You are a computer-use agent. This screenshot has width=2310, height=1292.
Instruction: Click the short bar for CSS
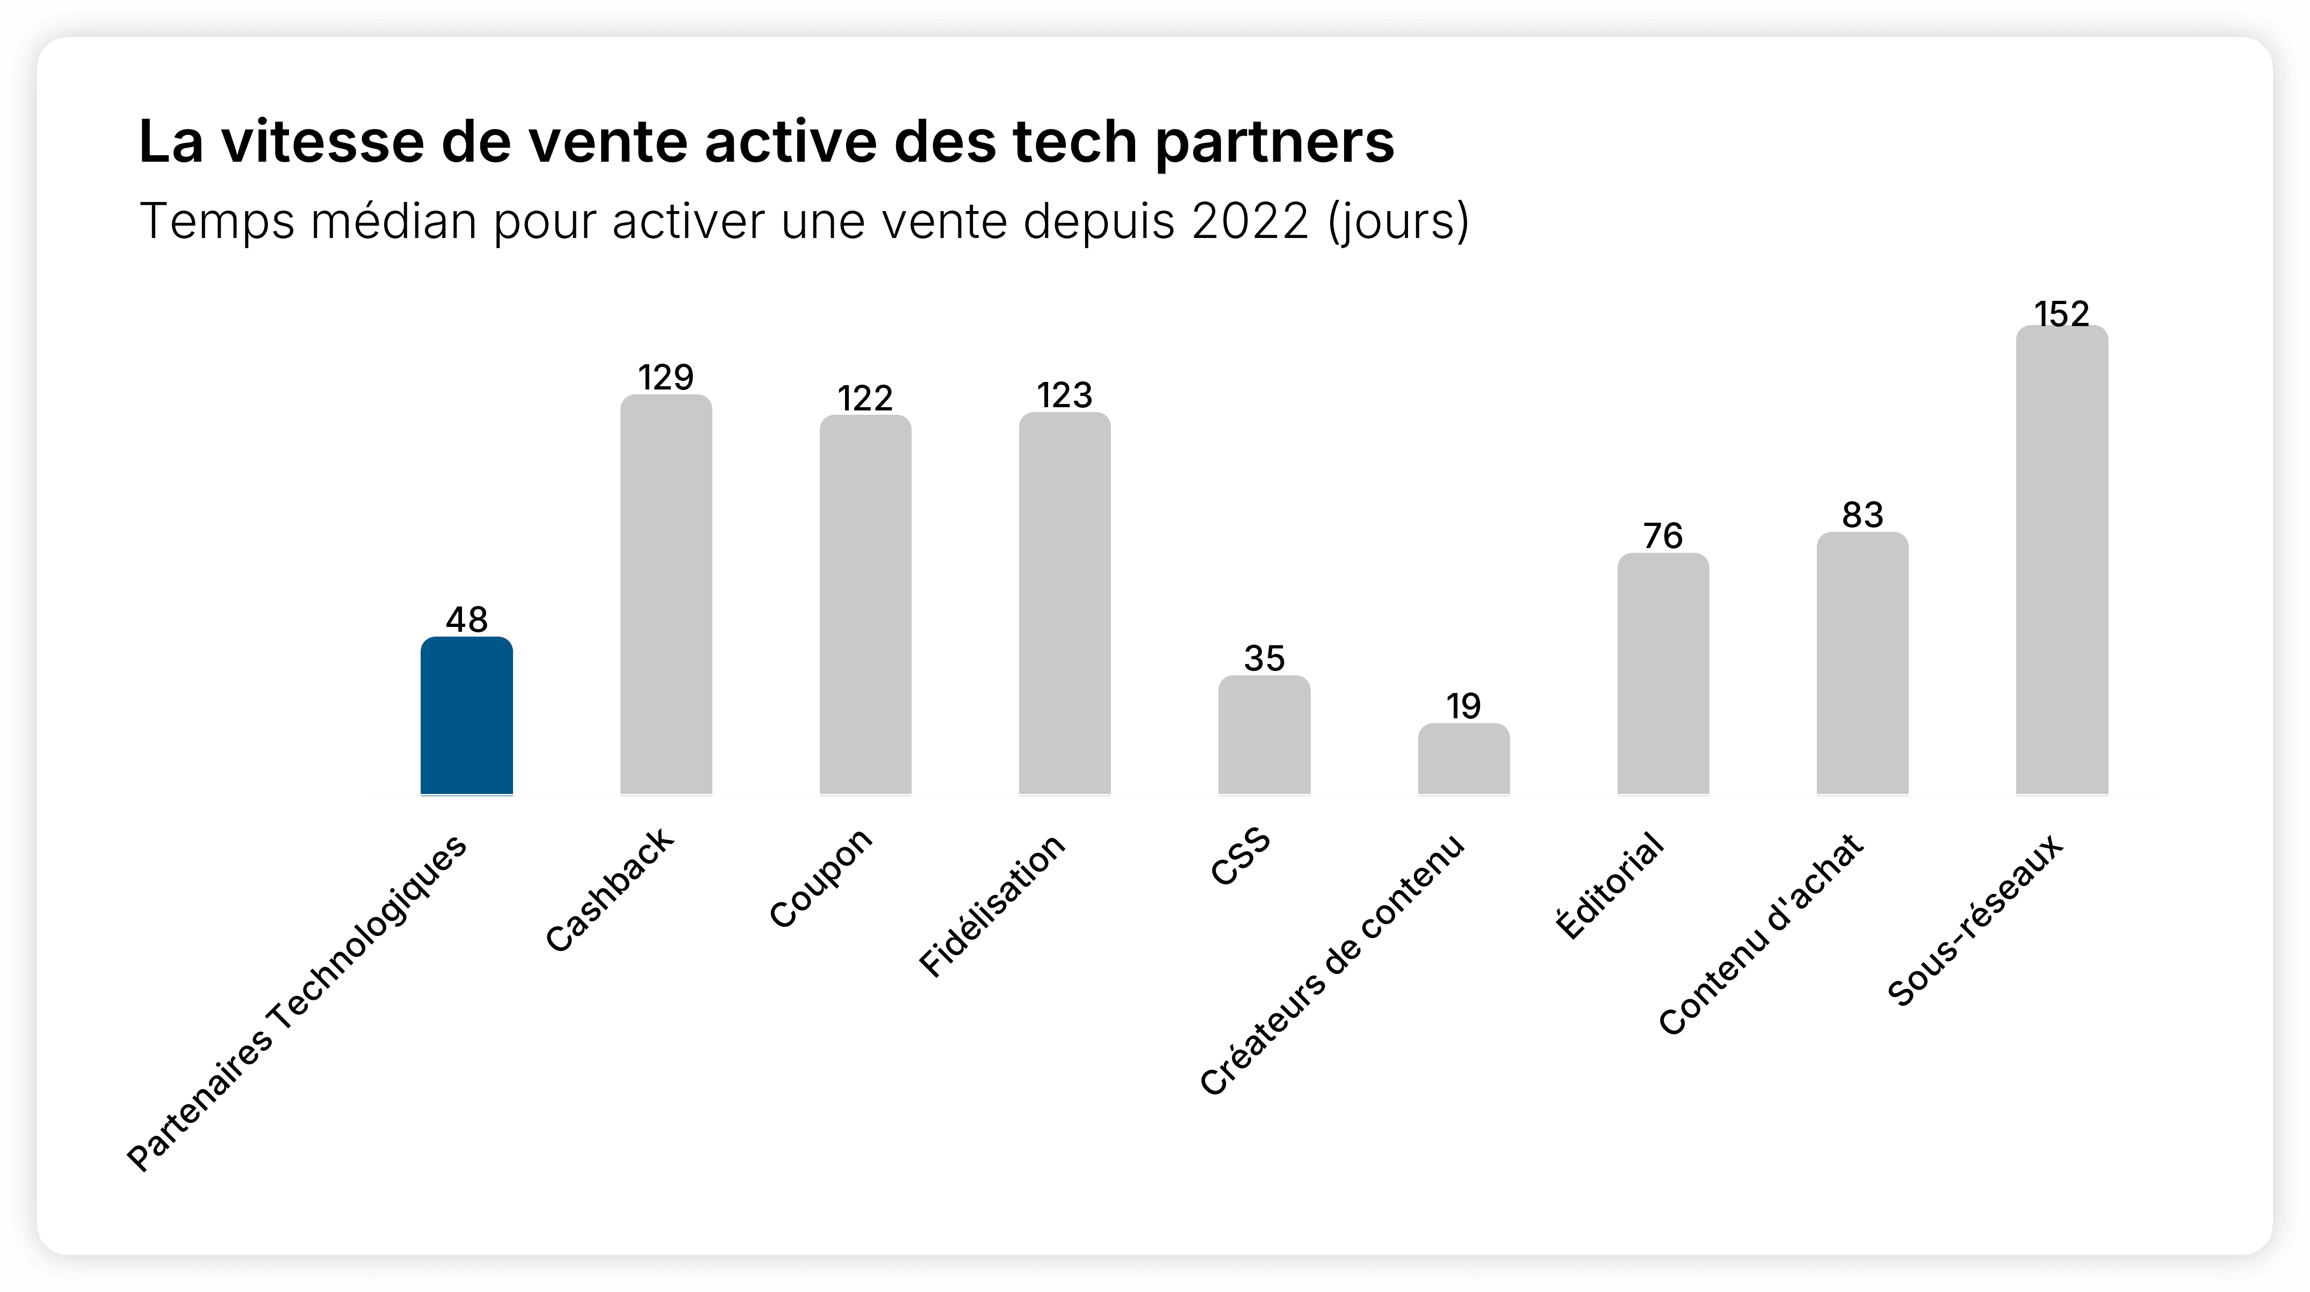[1265, 735]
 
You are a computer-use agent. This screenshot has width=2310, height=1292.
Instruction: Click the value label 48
[466, 619]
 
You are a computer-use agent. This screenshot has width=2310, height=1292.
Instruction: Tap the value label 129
[666, 378]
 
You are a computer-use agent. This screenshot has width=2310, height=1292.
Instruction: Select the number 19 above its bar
[1463, 706]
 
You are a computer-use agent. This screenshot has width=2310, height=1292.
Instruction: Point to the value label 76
[1663, 536]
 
